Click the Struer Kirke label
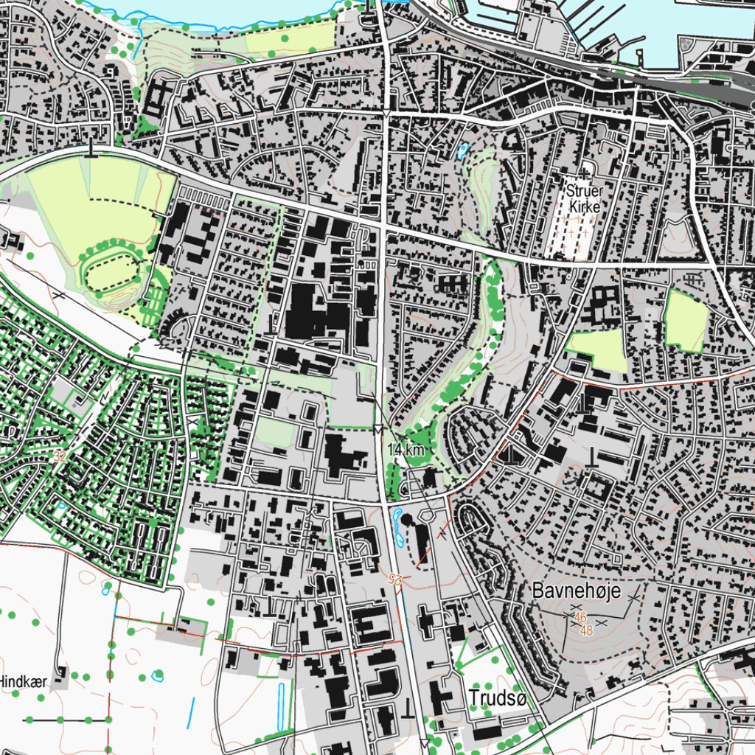(585, 198)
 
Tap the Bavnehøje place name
(577, 591)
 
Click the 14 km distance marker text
(405, 449)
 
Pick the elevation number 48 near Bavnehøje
(587, 630)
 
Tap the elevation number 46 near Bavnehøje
(580, 618)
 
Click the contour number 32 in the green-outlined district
(60, 457)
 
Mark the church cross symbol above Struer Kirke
(585, 173)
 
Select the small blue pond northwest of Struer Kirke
(462, 152)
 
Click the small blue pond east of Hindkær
(157, 675)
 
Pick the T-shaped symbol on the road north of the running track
(91, 150)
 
